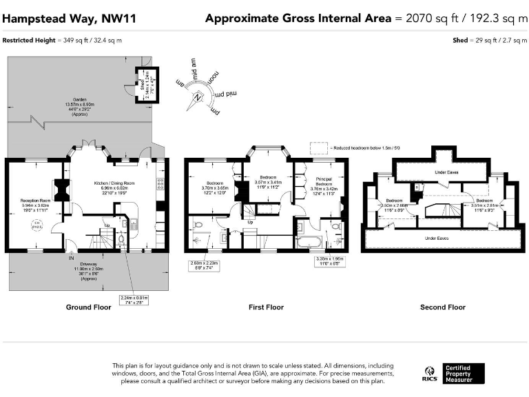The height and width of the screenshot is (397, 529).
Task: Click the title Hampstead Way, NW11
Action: tap(69, 18)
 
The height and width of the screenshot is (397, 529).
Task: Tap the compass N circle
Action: tap(198, 97)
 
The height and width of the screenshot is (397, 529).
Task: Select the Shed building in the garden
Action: tap(147, 84)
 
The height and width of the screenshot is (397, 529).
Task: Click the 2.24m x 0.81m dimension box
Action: tap(134, 299)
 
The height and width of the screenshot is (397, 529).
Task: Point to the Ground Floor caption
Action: tap(88, 307)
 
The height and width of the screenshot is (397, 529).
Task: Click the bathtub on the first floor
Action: tap(307, 241)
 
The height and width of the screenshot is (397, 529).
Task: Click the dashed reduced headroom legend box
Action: tap(319, 147)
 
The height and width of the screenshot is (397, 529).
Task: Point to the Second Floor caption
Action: tap(443, 307)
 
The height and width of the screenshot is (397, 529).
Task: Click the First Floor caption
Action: tap(266, 307)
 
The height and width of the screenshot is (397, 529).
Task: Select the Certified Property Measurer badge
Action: tap(464, 374)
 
